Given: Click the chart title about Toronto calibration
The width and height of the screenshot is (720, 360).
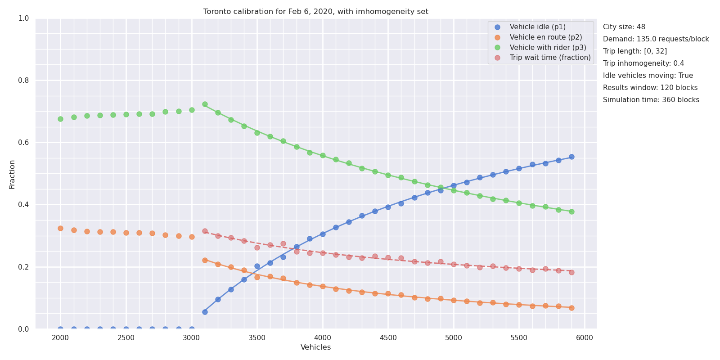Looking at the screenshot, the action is click(315, 12).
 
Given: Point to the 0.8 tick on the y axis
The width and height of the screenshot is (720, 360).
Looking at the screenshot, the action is click(23, 81).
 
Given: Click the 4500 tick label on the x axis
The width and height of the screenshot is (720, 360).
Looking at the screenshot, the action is click(388, 338).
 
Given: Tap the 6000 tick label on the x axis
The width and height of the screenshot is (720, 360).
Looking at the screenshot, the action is click(585, 338).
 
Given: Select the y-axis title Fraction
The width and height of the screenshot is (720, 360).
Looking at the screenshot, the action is click(12, 175).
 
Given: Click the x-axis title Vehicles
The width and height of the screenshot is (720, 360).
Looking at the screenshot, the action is click(315, 347).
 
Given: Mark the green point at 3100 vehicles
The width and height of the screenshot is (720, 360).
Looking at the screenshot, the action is click(205, 104).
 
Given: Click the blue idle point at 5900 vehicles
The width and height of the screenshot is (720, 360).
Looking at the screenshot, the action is click(571, 157).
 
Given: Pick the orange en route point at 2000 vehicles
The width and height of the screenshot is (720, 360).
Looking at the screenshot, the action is click(60, 229).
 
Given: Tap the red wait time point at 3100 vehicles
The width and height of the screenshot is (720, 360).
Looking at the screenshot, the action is click(205, 231).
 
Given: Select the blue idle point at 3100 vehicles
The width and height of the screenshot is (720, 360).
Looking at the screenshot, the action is click(205, 312).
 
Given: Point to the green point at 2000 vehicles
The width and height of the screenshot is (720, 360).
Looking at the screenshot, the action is click(60, 119).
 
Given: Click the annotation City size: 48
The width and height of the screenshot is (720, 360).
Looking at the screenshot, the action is click(624, 27).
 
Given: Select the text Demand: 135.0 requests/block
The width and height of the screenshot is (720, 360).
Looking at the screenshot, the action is click(656, 39).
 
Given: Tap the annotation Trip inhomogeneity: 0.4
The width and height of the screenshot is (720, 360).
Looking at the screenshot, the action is click(643, 63).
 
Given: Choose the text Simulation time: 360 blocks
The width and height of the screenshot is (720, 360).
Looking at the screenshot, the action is click(651, 100).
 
